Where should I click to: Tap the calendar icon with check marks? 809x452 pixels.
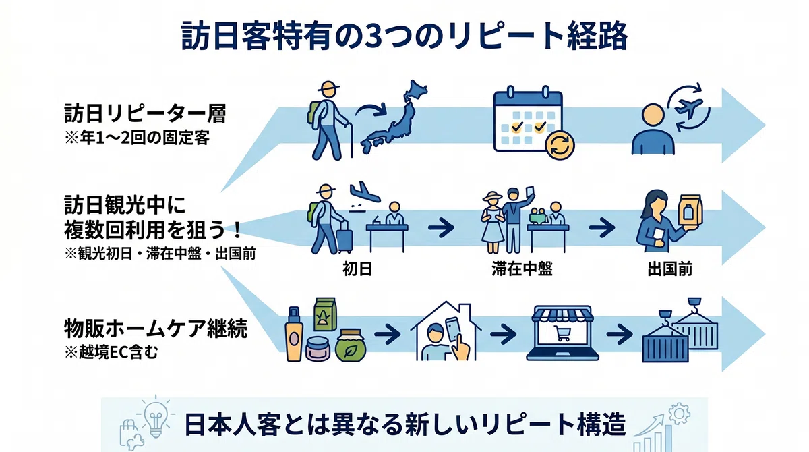528,119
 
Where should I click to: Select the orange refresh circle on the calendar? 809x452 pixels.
560,145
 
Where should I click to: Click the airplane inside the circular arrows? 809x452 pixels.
688,107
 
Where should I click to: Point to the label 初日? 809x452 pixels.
357,269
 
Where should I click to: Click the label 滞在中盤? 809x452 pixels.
522,269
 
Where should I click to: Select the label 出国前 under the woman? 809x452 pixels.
670,269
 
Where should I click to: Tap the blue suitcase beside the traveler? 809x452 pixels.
344,237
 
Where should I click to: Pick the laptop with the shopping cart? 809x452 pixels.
562,333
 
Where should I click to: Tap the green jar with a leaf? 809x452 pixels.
351,345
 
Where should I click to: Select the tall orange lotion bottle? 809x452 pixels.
294,334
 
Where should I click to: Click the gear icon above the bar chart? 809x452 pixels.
680,414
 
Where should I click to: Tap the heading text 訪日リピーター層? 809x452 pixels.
145,113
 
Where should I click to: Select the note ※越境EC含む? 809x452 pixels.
111,352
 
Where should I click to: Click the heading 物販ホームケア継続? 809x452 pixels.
156,329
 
